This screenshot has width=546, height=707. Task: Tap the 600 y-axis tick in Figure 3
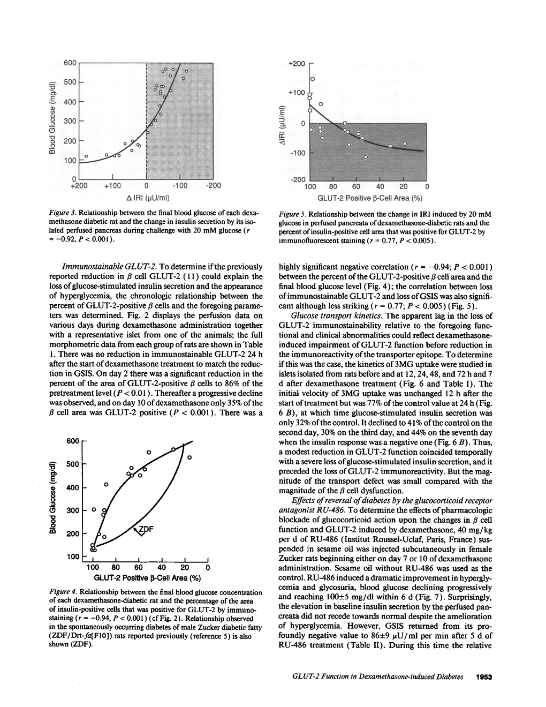click(x=70, y=63)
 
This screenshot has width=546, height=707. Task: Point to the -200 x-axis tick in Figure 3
click(x=213, y=185)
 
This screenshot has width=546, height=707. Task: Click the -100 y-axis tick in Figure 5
click(x=297, y=153)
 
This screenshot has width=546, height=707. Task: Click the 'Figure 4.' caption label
click(x=64, y=592)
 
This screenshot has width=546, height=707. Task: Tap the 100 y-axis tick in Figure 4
click(x=72, y=557)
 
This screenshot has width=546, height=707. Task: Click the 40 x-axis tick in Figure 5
click(x=380, y=187)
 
